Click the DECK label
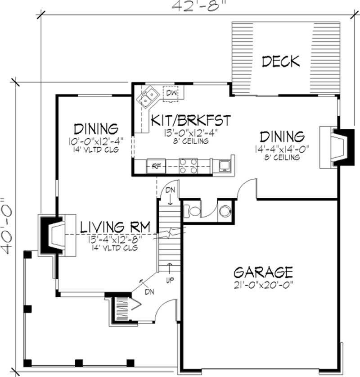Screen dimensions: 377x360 click(x=280, y=61)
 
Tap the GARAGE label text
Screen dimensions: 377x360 click(x=263, y=272)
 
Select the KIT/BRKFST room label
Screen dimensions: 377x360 click(x=191, y=121)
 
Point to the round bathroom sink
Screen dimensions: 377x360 click(x=225, y=210)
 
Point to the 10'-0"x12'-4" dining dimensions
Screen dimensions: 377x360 click(x=97, y=141)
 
